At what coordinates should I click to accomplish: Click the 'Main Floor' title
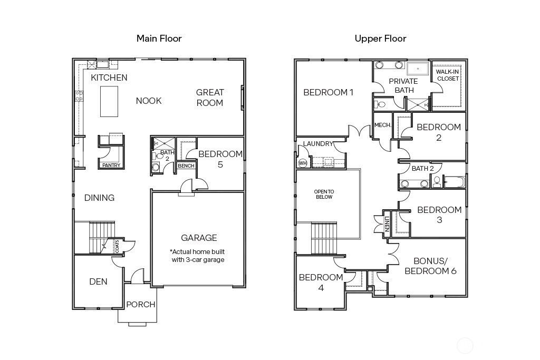coord(159,38)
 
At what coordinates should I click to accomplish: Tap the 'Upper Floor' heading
coord(380,38)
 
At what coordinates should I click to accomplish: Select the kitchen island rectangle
coord(109,102)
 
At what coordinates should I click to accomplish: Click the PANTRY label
coord(111,165)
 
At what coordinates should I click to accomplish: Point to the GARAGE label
coord(199,238)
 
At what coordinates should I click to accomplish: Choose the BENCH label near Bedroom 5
coord(186,166)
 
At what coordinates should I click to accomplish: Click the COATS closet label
coord(117,247)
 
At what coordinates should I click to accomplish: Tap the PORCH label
coord(140,304)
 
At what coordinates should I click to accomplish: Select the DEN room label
coord(98,281)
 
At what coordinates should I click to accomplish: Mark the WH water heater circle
coord(302,163)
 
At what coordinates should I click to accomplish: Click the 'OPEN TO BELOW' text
coord(324,194)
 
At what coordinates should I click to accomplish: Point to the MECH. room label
coord(383,125)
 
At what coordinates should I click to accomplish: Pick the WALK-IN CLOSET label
coord(447,75)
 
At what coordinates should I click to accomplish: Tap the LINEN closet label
coord(387,223)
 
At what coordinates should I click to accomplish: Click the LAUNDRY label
coord(318,143)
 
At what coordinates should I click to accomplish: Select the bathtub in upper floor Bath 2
coord(454,182)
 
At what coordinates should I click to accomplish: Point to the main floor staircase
coord(101,238)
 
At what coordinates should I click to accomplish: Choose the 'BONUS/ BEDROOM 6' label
coord(430,266)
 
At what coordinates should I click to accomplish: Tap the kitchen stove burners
coord(79,96)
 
